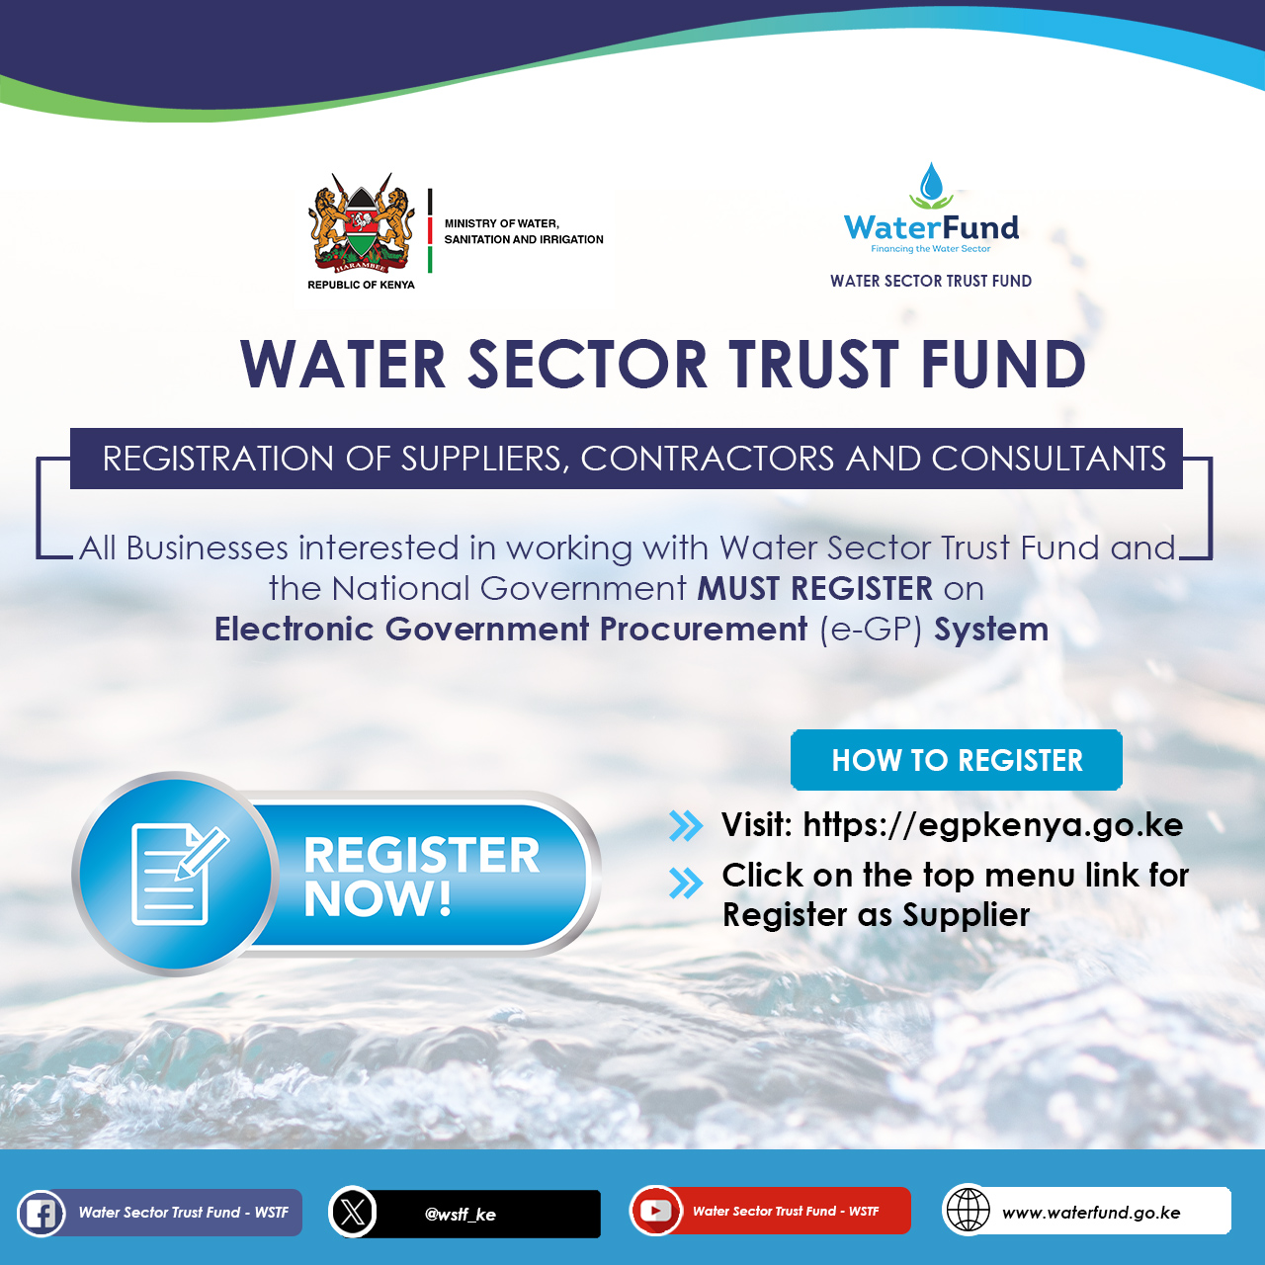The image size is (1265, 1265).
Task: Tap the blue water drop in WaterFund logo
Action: [931, 182]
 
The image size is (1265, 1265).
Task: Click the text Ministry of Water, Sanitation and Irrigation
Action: [523, 231]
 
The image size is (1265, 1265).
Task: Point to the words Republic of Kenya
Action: [361, 285]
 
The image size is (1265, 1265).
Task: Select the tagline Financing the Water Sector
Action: [930, 249]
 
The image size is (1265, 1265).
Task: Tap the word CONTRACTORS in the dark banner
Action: [707, 459]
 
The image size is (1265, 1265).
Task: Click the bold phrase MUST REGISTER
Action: [814, 588]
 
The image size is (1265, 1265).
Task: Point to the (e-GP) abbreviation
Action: [871, 630]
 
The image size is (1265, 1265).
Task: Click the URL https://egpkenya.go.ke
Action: [992, 825]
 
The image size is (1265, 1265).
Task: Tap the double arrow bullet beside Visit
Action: [686, 826]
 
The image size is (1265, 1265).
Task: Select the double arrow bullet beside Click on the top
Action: [686, 883]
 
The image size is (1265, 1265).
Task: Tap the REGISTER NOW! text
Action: [421, 877]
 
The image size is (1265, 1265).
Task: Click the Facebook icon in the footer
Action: [41, 1214]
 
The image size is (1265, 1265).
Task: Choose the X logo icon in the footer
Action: [353, 1213]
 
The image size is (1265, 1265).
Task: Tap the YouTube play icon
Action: [655, 1212]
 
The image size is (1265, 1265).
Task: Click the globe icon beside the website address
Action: [967, 1212]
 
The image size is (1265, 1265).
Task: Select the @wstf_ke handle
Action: [461, 1215]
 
